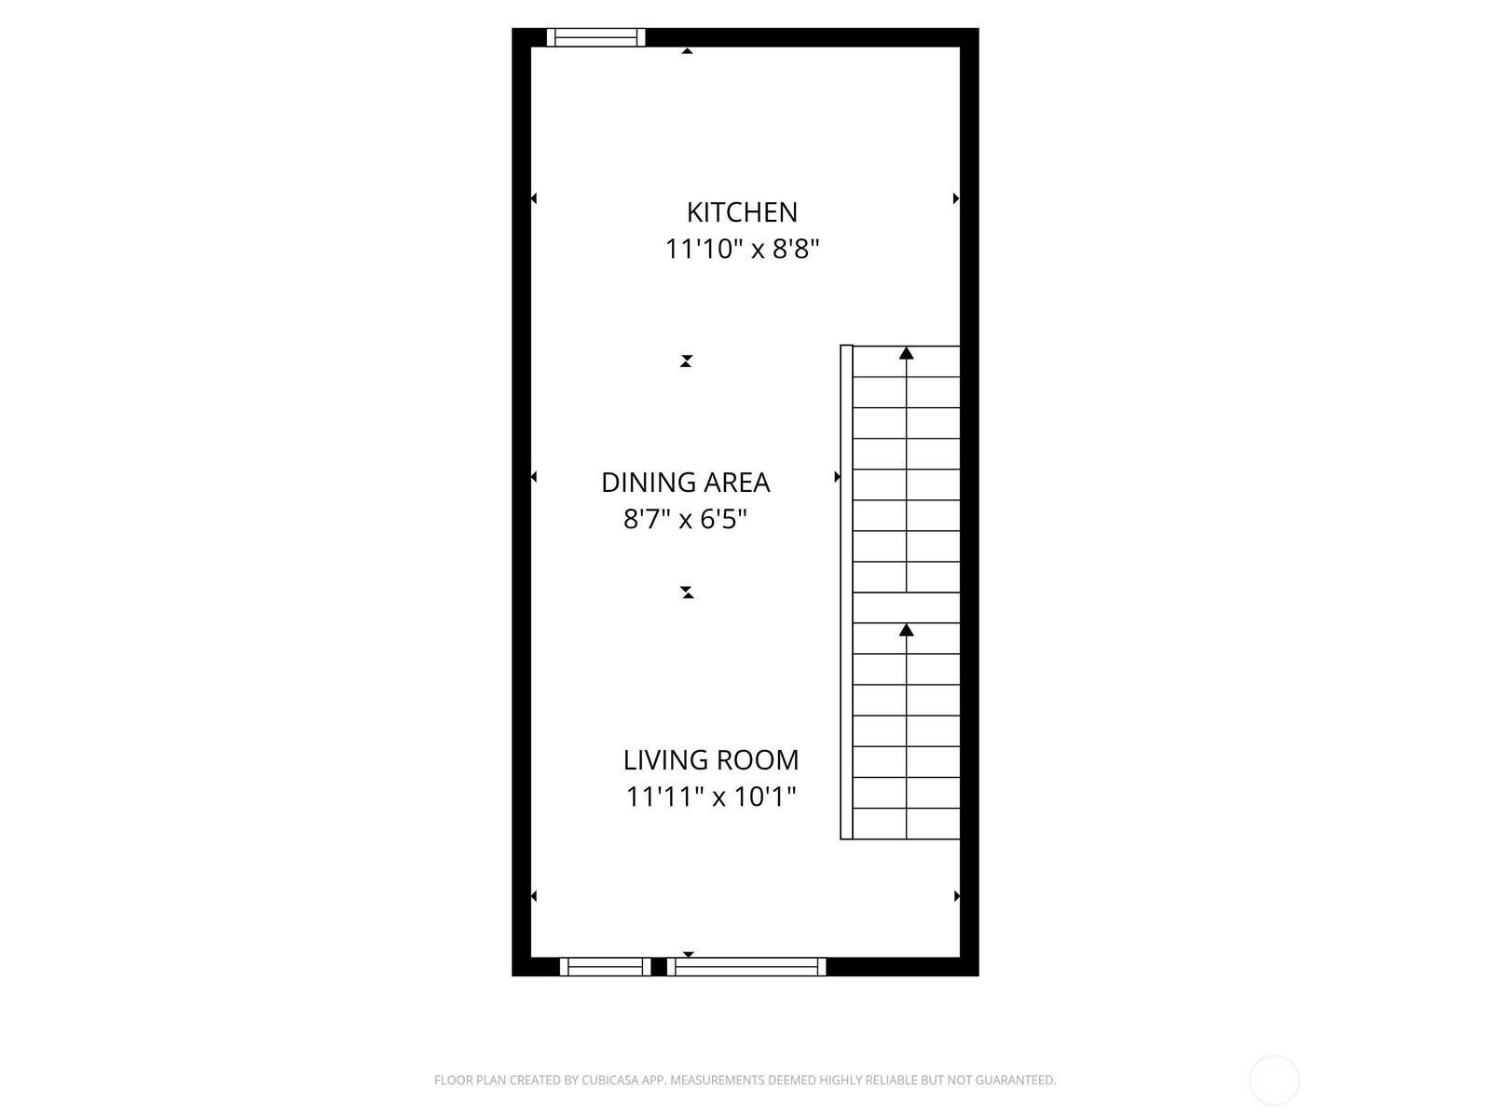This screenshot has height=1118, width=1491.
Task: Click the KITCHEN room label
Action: click(x=742, y=212)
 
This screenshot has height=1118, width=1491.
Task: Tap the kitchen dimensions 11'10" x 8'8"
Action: click(x=742, y=249)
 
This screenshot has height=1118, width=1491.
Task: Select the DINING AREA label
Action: click(x=685, y=483)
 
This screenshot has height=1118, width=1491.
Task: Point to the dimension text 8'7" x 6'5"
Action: click(x=685, y=519)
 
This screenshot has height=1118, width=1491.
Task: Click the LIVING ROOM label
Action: click(x=710, y=759)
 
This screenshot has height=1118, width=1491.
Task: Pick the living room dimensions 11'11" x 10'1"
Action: click(x=710, y=797)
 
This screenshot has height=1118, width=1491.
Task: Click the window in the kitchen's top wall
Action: click(x=595, y=37)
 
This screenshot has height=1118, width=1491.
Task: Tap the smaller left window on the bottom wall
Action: click(x=605, y=967)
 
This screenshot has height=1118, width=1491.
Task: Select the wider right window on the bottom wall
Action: click(x=746, y=967)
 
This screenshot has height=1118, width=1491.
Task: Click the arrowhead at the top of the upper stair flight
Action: click(x=906, y=353)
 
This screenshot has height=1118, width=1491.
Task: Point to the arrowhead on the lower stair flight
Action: click(x=906, y=630)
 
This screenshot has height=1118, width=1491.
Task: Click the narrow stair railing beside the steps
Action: click(x=846, y=592)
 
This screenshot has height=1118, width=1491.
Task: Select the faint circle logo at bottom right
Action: click(x=1274, y=1081)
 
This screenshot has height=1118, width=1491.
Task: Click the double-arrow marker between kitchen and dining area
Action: click(x=686, y=361)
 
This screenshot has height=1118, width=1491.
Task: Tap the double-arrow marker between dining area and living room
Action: click(x=688, y=593)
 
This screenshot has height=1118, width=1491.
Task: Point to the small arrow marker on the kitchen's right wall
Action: click(x=956, y=198)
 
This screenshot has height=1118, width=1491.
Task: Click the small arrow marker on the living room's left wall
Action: click(x=534, y=896)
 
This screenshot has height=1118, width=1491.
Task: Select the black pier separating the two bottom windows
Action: click(x=659, y=967)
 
